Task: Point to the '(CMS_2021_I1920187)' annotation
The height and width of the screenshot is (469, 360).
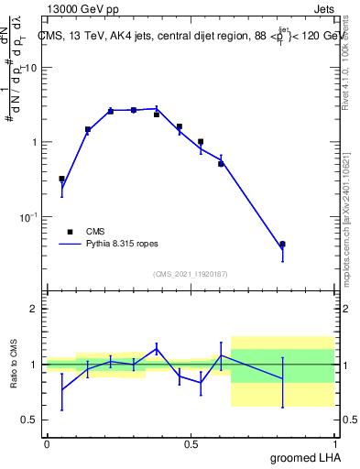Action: click(190, 274)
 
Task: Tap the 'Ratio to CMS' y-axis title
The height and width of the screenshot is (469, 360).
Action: click(15, 364)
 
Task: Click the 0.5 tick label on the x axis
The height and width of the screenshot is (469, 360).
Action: click(191, 443)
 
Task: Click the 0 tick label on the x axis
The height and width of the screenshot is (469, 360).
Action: click(47, 443)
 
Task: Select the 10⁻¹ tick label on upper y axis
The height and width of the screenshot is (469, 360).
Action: click(29, 217)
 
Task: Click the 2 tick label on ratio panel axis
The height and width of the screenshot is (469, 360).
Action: click(35, 309)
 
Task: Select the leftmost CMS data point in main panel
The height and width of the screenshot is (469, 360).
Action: click(61, 179)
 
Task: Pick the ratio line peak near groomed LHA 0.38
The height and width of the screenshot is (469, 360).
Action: click(157, 347)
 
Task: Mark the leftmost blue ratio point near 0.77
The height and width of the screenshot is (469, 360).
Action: click(61, 389)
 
